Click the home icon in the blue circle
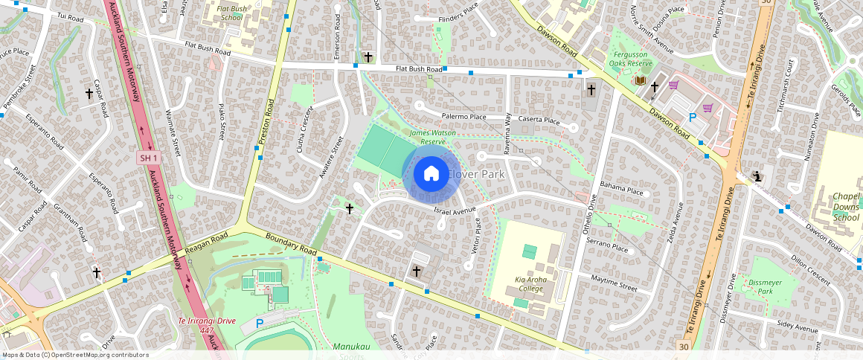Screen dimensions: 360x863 [431, 175]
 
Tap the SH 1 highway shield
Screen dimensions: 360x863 [149, 158]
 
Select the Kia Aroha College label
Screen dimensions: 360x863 [530, 283]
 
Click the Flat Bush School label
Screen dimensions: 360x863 [231, 13]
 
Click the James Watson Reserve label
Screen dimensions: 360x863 [422, 137]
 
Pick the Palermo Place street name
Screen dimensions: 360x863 [463, 117]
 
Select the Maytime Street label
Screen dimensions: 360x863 [614, 286]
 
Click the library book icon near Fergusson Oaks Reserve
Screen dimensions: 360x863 [639, 80]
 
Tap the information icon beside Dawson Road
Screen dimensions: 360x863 [757, 177]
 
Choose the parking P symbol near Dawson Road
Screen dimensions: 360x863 [693, 117]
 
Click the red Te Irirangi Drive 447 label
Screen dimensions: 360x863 [206, 325]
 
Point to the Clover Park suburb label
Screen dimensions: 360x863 [475, 174]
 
